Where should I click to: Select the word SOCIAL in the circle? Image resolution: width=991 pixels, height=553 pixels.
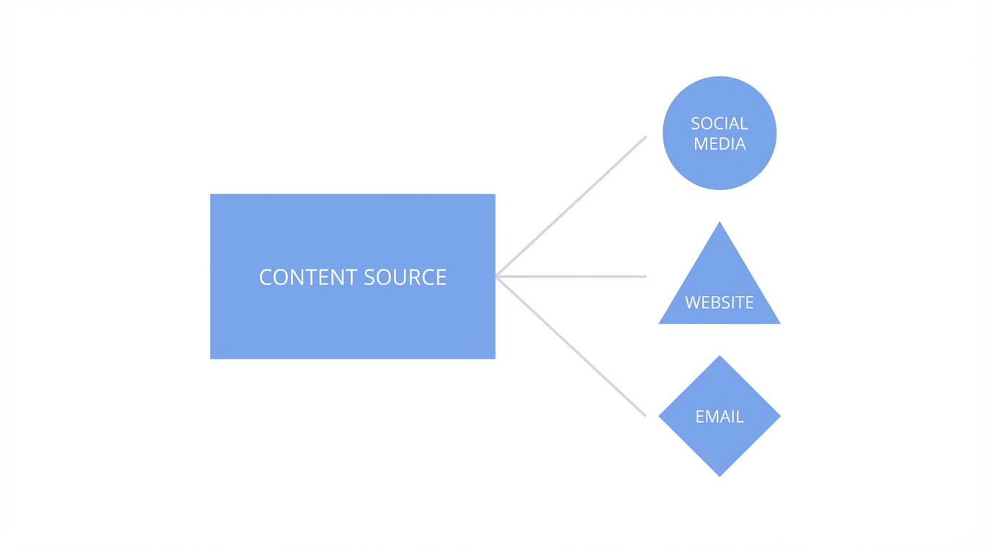click(x=719, y=124)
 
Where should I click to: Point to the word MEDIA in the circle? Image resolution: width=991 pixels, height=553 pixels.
click(x=719, y=144)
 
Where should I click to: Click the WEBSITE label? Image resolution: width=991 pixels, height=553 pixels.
click(x=719, y=302)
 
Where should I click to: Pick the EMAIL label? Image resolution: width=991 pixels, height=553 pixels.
click(x=719, y=417)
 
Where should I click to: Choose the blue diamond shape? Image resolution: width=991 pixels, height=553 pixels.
click(x=719, y=446)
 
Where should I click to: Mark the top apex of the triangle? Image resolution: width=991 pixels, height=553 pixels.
click(x=719, y=222)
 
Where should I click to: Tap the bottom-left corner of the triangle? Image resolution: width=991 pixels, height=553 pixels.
click(x=660, y=323)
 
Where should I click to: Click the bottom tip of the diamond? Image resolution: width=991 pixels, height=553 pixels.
click(x=719, y=475)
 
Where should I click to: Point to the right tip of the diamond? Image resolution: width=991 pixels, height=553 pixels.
click(x=780, y=416)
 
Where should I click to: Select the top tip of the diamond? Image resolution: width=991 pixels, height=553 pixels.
click(x=719, y=356)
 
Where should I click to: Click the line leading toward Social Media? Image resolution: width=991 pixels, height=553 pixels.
click(x=571, y=206)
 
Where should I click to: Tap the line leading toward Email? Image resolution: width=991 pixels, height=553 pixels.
click(x=571, y=346)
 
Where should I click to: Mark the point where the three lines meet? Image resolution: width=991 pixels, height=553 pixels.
click(x=498, y=276)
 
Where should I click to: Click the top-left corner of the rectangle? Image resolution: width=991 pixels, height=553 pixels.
click(x=211, y=195)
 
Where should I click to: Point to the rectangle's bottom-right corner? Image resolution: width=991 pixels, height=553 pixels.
click(x=494, y=358)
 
